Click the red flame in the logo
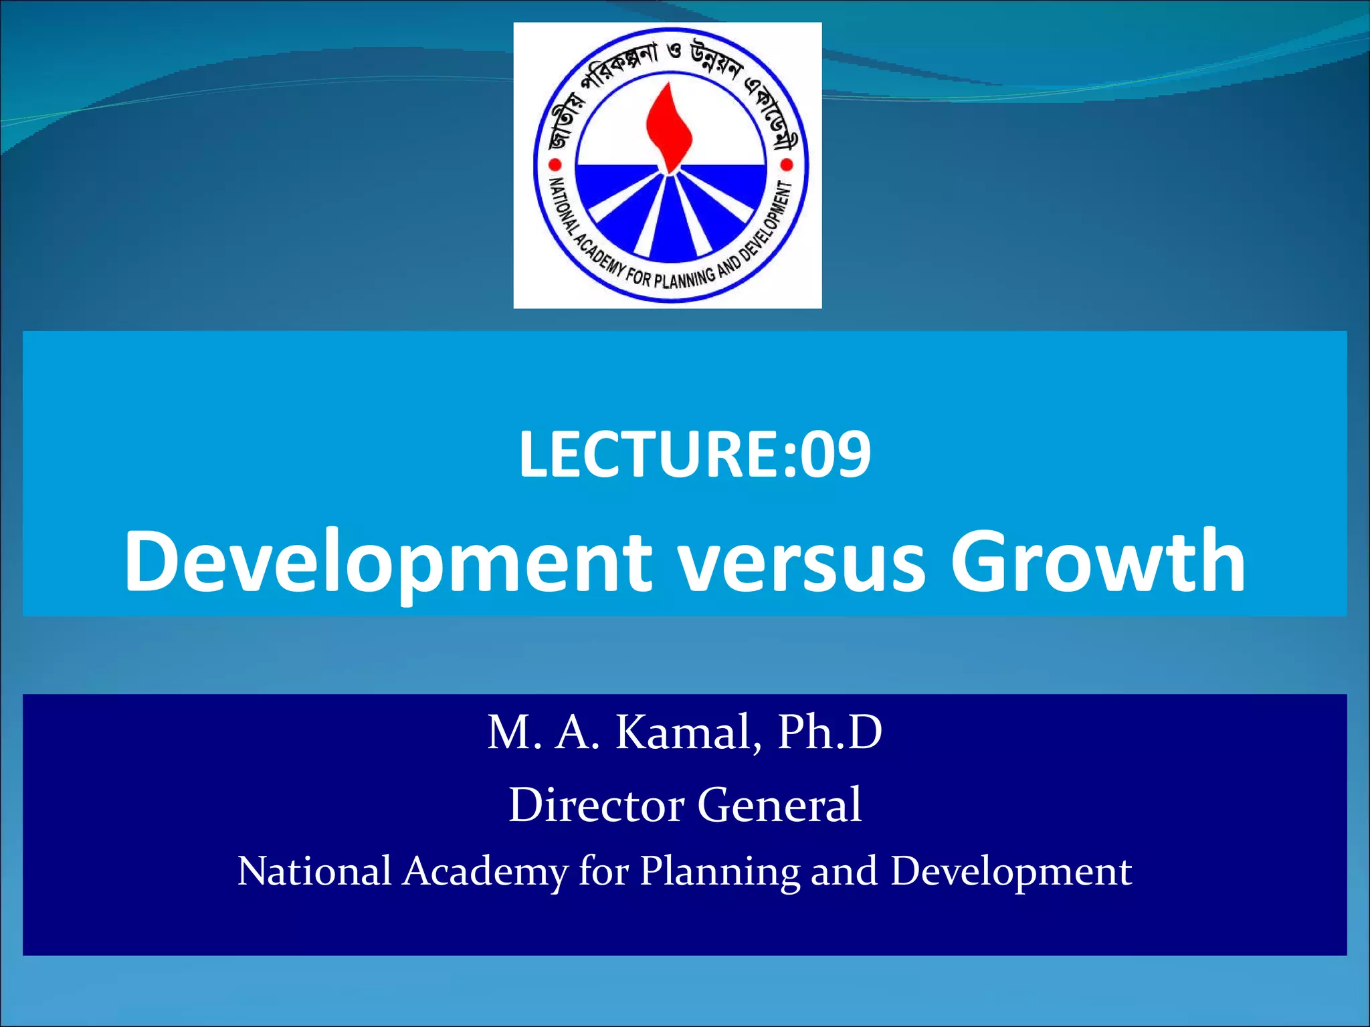(x=668, y=127)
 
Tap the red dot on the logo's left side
(x=555, y=164)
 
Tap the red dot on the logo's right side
(x=787, y=164)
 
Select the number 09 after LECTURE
(x=836, y=455)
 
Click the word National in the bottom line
(x=314, y=871)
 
